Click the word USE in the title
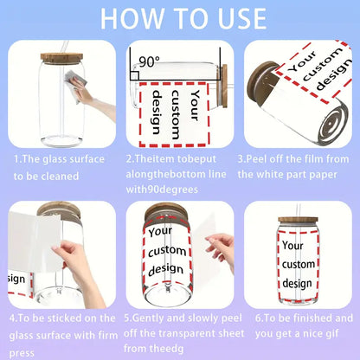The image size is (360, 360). [242, 19]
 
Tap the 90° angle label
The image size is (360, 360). [149, 61]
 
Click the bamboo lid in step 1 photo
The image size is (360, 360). [61, 58]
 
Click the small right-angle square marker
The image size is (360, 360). [135, 75]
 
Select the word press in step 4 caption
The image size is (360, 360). [22, 353]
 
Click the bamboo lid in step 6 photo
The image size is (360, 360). [299, 220]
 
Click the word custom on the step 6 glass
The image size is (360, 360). [299, 264]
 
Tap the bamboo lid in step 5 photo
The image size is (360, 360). [166, 213]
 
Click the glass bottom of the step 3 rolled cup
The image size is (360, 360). [332, 125]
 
